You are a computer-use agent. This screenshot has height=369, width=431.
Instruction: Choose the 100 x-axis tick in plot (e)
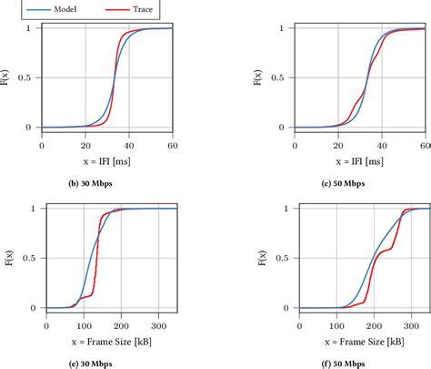(84, 323)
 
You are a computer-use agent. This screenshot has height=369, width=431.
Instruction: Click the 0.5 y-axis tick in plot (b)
(30, 77)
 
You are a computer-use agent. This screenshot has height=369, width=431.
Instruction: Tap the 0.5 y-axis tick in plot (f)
(266, 259)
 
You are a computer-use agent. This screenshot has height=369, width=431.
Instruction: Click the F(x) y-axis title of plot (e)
(8, 259)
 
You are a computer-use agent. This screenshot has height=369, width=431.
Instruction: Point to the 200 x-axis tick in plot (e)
(123, 323)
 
